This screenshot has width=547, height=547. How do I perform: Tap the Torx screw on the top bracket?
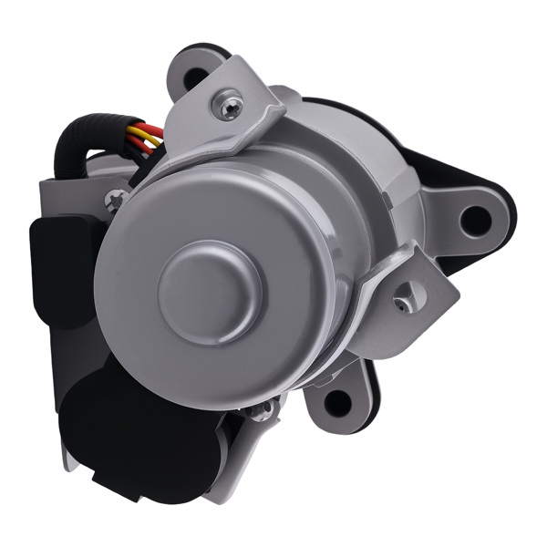pos(227,107)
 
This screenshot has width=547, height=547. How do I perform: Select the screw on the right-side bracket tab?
pos(402,299)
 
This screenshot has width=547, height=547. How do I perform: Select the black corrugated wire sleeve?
pos(73,150)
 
